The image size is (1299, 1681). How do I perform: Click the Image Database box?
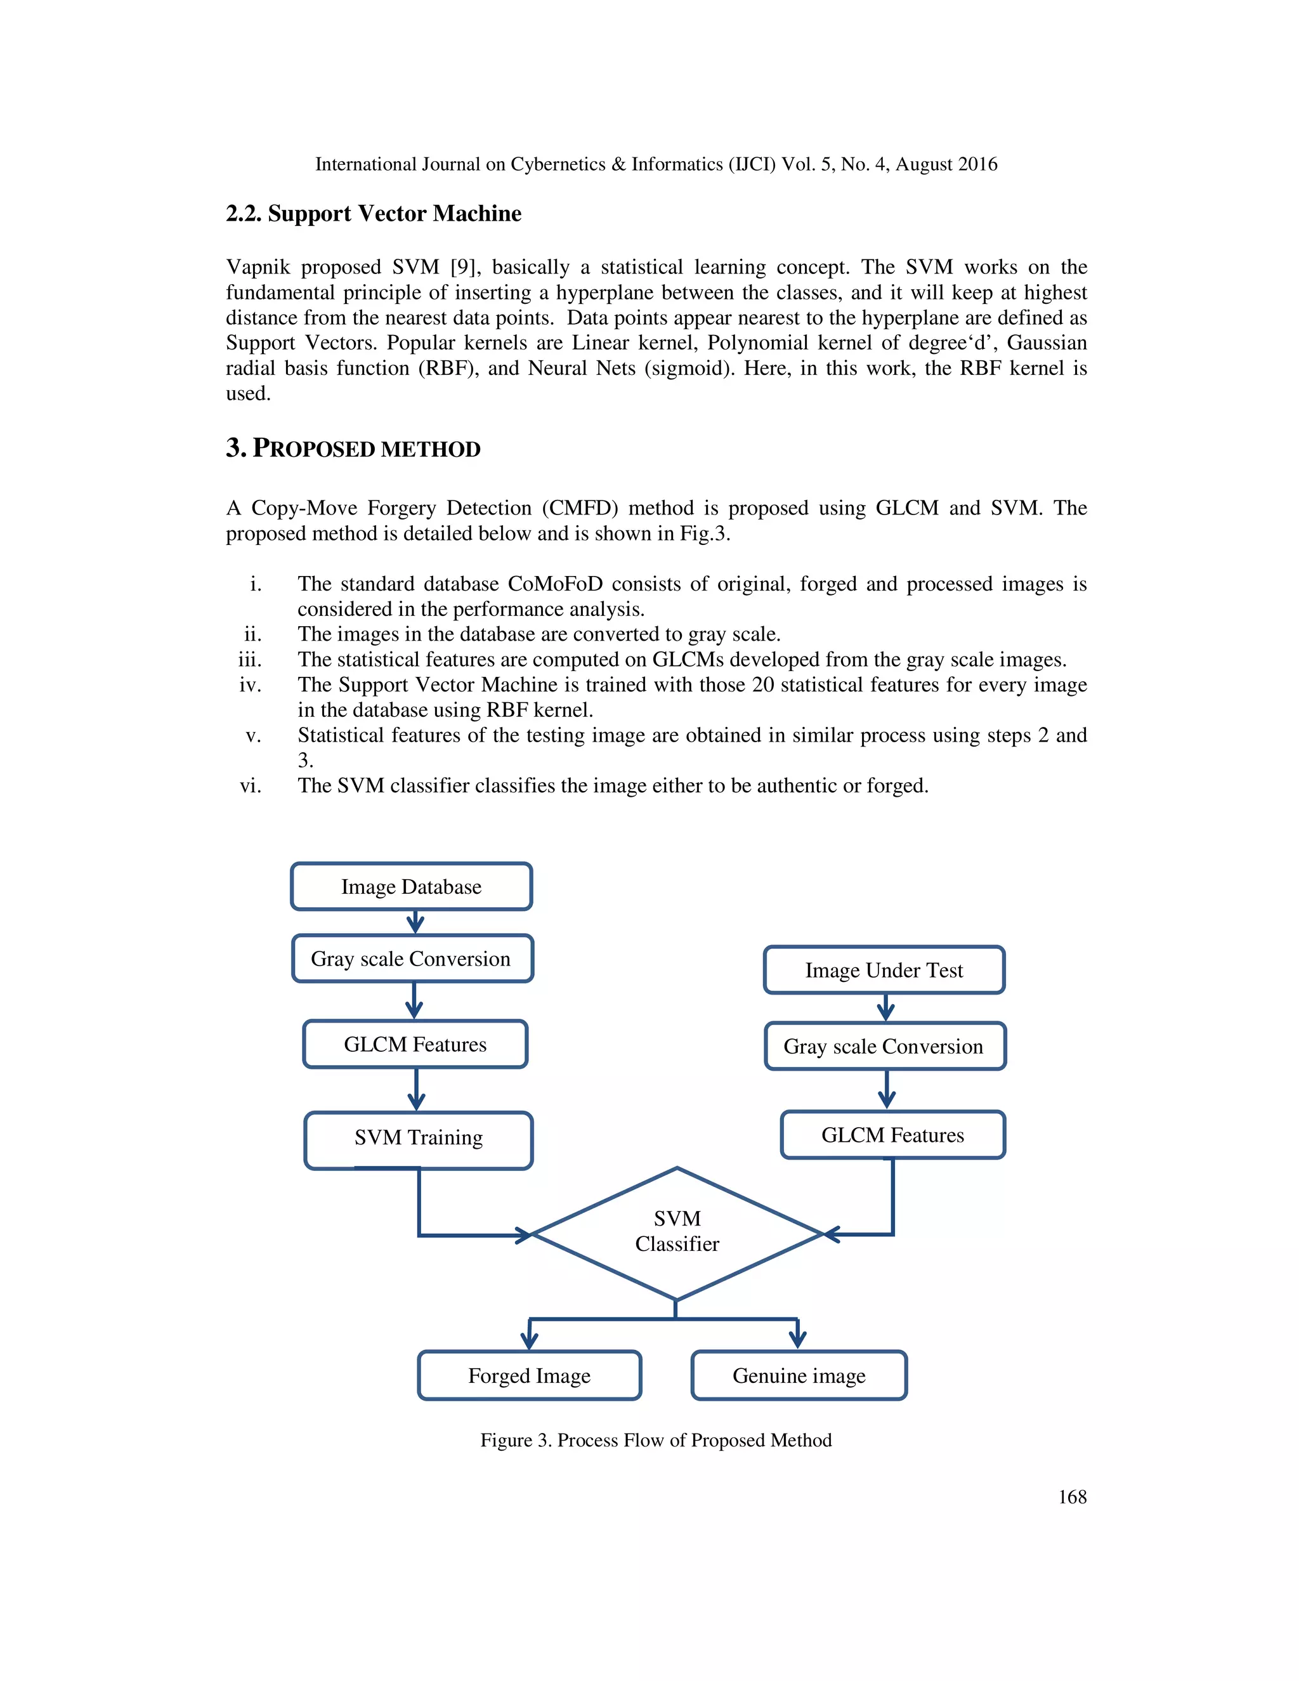[x=411, y=887]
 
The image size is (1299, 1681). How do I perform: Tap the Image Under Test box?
[x=884, y=970]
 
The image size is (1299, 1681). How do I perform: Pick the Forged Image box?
[x=529, y=1375]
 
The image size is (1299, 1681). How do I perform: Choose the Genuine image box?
[x=798, y=1375]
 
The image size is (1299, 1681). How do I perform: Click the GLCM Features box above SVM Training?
[x=415, y=1045]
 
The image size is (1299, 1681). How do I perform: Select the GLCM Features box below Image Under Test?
[x=892, y=1135]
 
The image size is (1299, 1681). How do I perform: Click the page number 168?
[x=1072, y=1497]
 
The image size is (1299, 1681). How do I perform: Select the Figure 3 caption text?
[x=656, y=1440]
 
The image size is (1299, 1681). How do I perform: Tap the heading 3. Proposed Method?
[x=353, y=448]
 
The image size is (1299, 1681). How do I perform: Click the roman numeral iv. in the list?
[x=250, y=685]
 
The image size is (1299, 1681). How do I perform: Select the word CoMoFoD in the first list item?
[x=555, y=584]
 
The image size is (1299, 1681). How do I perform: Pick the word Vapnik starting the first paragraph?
[x=257, y=267]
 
